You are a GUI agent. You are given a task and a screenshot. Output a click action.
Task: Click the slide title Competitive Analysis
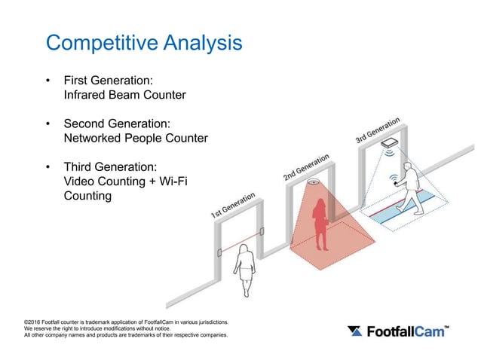pyautogui.click(x=144, y=42)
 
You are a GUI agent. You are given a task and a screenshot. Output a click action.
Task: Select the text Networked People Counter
pyautogui.click(x=136, y=138)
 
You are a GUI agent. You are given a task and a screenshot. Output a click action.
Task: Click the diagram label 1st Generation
pyautogui.click(x=233, y=206)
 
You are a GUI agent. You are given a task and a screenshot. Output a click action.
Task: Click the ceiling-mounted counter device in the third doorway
pyautogui.click(x=390, y=142)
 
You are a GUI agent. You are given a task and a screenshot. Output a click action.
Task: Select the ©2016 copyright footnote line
pyautogui.click(x=126, y=322)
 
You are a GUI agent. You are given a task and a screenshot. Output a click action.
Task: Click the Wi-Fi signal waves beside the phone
pyautogui.click(x=393, y=179)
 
